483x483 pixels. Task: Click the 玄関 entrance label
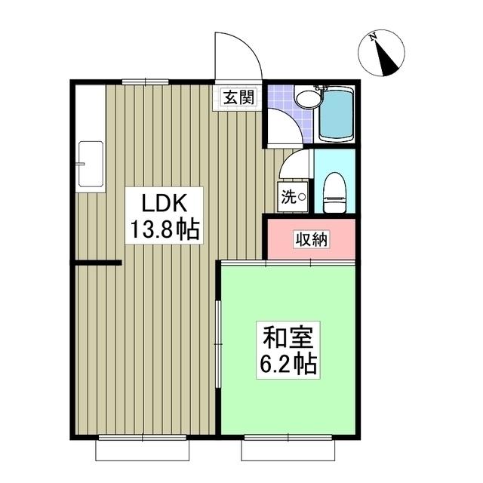pos(238,97)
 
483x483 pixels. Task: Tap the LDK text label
pos(162,203)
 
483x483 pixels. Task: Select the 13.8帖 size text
pos(163,229)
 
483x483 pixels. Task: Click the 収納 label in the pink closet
pos(311,241)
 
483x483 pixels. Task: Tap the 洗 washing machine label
pos(289,198)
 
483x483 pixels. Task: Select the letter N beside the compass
pos(372,35)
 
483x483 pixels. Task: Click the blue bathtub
pos(336,115)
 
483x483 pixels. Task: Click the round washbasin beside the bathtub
pos(305,99)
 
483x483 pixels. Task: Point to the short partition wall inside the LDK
pos(97,263)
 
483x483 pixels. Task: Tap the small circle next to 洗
pos(302,198)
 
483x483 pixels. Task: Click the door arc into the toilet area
pos(299,163)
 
